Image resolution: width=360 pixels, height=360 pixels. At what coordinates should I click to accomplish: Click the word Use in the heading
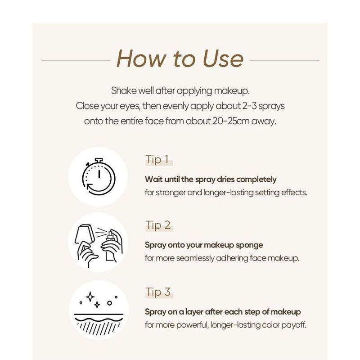(216, 59)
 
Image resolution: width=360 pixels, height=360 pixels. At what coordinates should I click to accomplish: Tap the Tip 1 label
(157, 160)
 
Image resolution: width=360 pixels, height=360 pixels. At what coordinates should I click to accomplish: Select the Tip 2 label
(158, 225)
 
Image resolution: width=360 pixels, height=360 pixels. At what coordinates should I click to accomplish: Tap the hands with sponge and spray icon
(98, 243)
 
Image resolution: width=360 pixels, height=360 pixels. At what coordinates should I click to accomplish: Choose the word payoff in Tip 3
(293, 324)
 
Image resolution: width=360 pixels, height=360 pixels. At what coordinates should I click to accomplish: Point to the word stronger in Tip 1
(173, 192)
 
